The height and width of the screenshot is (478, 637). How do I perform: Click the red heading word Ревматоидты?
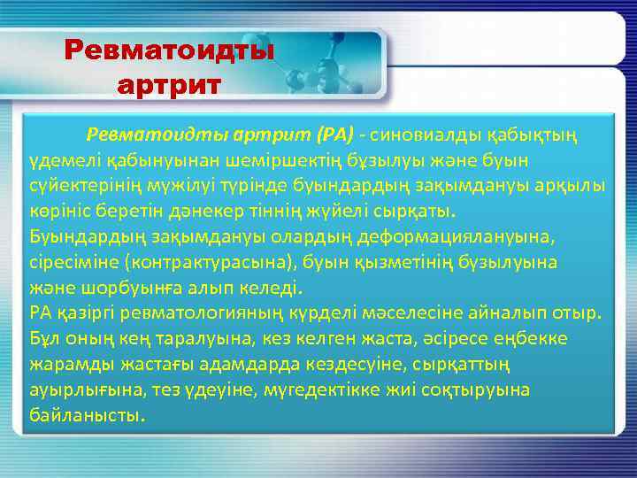[170, 50]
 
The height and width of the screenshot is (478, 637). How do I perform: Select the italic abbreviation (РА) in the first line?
[334, 135]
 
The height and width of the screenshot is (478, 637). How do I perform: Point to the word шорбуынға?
[111, 288]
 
